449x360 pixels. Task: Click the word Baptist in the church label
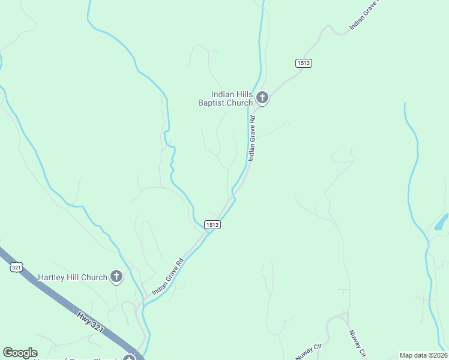[212, 103]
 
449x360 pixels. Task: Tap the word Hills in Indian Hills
[243, 94]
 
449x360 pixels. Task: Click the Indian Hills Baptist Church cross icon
[262, 97]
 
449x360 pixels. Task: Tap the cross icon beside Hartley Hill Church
[116, 277]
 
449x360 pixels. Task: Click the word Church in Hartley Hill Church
[94, 277]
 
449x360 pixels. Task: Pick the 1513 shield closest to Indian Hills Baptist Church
[304, 63]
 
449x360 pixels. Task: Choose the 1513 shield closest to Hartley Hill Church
[212, 224]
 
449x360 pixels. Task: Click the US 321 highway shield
[17, 268]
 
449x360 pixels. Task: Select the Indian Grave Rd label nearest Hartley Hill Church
[167, 277]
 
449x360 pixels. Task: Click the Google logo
[20, 353]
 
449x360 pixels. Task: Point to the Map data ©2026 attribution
[423, 355]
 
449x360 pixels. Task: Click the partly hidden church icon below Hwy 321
[128, 358]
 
